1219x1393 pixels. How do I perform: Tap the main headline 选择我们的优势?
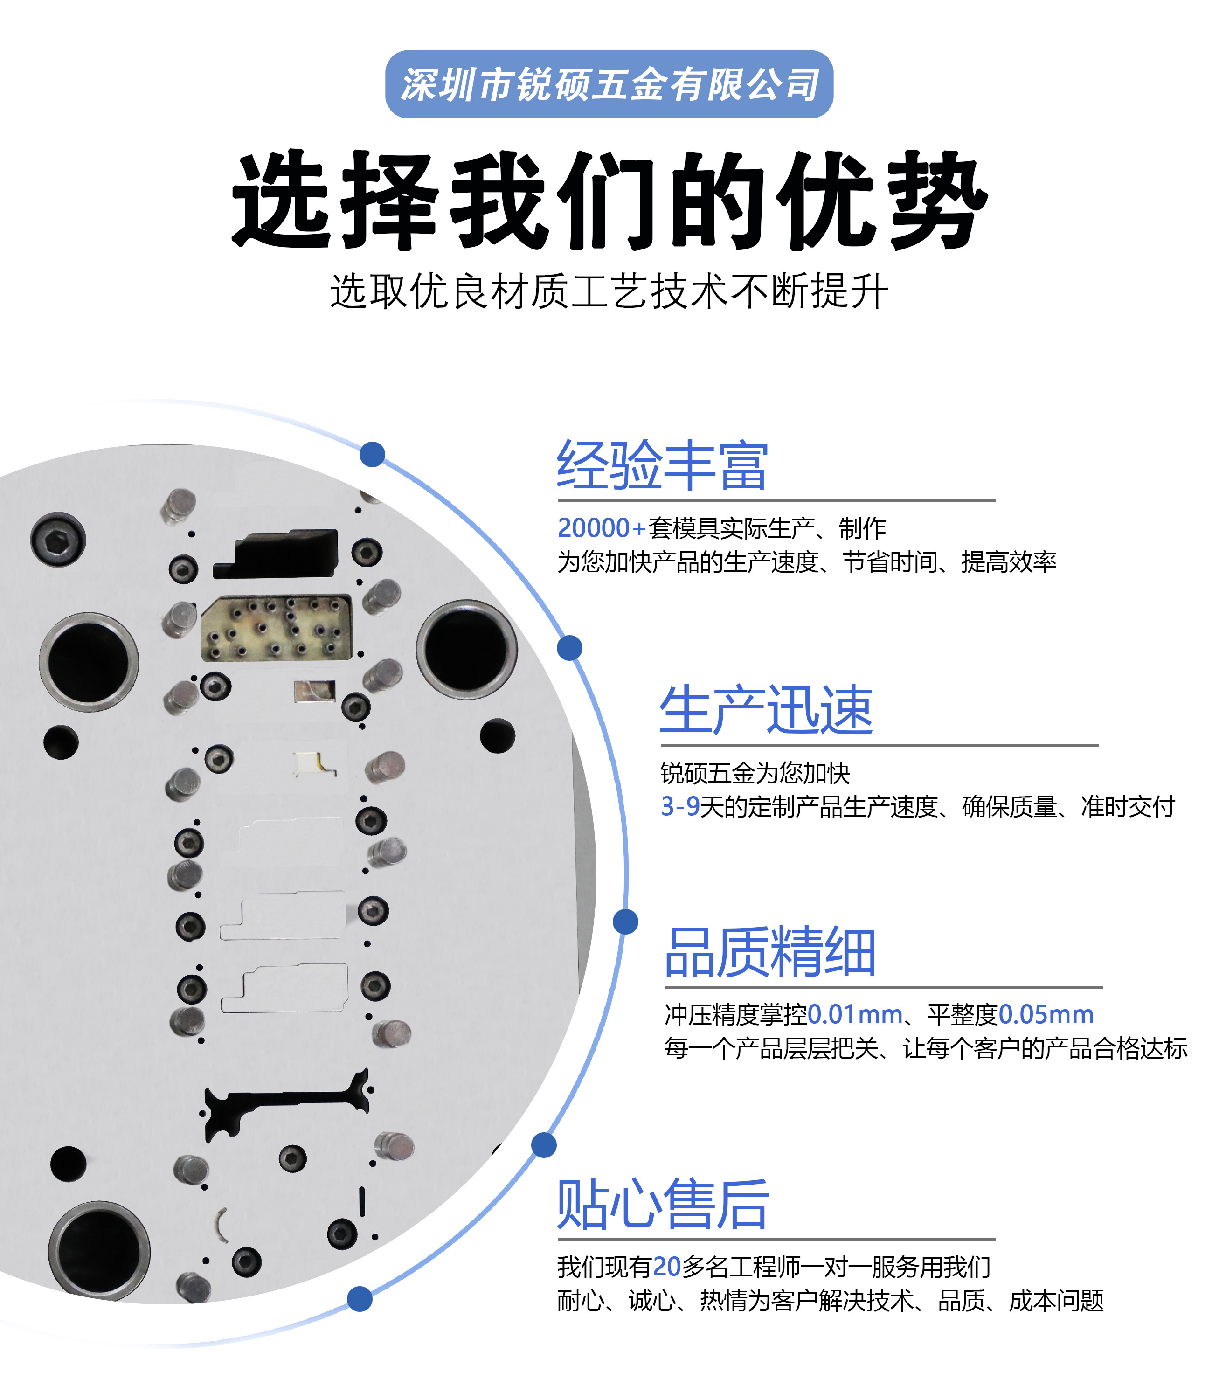pyautogui.click(x=609, y=201)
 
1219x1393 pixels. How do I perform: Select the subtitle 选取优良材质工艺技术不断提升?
pyautogui.click(x=609, y=291)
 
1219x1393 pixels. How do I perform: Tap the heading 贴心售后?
pyautogui.click(x=663, y=1204)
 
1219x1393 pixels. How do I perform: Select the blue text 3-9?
pyautogui.click(x=680, y=807)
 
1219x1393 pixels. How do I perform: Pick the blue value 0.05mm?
pyautogui.click(x=1046, y=1014)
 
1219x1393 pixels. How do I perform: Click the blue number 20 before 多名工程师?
pyautogui.click(x=667, y=1267)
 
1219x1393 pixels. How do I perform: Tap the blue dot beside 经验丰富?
pyautogui.click(x=372, y=454)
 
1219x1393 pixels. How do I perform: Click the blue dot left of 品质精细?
pyautogui.click(x=625, y=922)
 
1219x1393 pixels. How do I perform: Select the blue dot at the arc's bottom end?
pyautogui.click(x=359, y=1298)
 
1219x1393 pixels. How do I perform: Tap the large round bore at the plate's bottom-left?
pyautogui.click(x=99, y=1250)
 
